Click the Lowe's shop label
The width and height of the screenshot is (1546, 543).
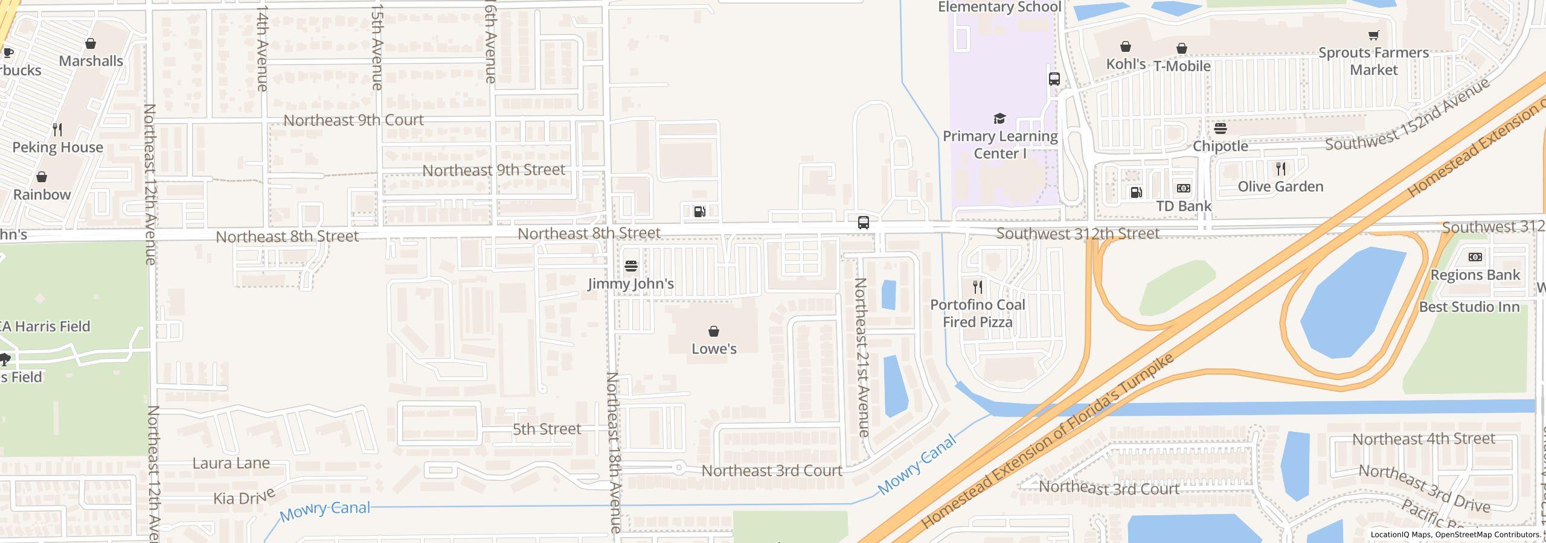[x=714, y=349]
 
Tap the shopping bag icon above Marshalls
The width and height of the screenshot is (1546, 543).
[x=91, y=43]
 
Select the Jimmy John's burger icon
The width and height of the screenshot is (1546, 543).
[x=631, y=265]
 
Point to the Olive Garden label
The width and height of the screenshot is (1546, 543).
[x=1280, y=187]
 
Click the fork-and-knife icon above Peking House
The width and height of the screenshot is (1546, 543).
[x=57, y=129]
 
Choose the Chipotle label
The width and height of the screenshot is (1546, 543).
[x=1220, y=146]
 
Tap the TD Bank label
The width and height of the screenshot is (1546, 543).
[x=1184, y=206]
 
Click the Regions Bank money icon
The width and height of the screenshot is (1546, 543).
[x=1475, y=257]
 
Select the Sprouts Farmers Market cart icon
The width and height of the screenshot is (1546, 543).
[x=1373, y=35]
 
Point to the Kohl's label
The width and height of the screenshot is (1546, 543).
[x=1126, y=64]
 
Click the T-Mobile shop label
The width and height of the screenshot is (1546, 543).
[x=1182, y=66]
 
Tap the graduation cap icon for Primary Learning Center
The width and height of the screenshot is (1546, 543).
[x=999, y=118]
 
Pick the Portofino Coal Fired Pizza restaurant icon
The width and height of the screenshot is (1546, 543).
[x=978, y=287]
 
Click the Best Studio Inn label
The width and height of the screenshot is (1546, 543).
[x=1469, y=307]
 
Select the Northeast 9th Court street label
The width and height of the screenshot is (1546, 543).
[x=353, y=120]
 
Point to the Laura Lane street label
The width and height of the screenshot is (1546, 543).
[x=231, y=463]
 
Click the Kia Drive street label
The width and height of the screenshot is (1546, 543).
[x=244, y=498]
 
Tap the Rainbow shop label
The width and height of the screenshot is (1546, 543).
[x=42, y=194]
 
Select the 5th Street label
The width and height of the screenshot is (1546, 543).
[x=547, y=429]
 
